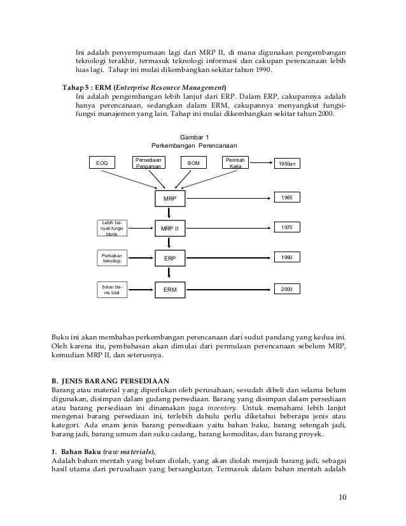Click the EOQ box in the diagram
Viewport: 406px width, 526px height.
point(102,164)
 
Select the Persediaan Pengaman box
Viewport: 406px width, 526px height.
point(148,163)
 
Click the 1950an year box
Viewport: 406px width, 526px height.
point(288,164)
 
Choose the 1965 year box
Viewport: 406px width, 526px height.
point(288,199)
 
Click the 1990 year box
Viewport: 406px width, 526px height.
point(288,258)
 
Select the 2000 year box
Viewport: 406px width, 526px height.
point(288,289)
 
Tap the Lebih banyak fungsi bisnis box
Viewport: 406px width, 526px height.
point(112,227)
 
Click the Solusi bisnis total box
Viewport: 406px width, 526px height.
point(112,290)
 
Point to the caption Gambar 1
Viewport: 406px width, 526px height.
point(194,137)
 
